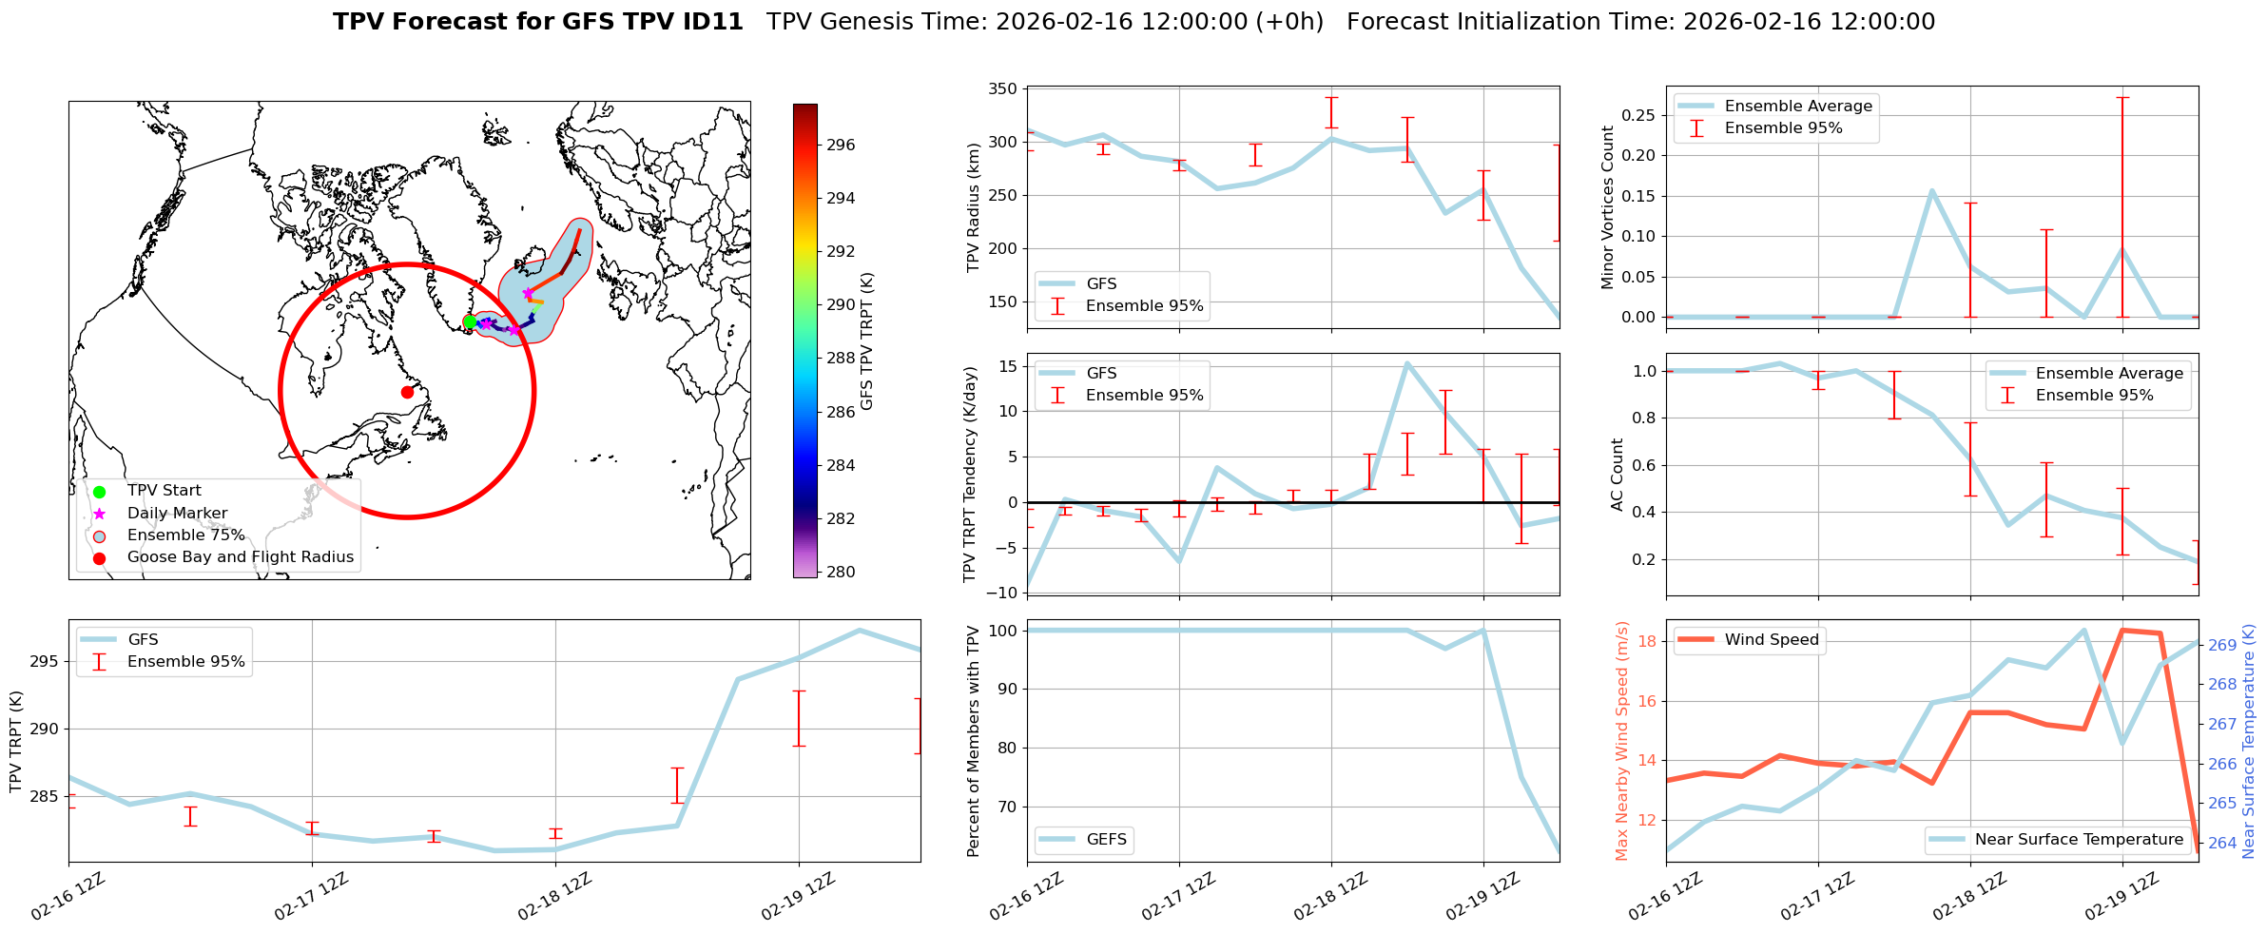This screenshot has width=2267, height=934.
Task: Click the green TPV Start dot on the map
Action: (470, 321)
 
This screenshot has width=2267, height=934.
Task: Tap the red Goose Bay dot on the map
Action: (407, 392)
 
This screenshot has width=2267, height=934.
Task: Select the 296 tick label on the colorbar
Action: (841, 146)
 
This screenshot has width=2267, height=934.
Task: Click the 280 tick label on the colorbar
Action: (841, 572)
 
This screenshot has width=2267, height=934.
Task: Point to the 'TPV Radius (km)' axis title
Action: (973, 207)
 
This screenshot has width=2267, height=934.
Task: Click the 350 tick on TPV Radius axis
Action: (1004, 89)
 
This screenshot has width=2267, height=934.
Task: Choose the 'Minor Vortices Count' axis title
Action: (1608, 207)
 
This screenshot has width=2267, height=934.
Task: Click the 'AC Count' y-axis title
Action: (1618, 475)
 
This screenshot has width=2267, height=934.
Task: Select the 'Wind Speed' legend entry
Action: (1772, 640)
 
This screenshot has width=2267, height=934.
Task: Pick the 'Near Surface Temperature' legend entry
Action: (2079, 840)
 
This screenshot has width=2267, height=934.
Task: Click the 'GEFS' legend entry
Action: (1106, 840)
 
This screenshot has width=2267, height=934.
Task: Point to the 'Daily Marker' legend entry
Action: (177, 514)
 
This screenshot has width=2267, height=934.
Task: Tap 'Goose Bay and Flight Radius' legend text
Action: (240, 557)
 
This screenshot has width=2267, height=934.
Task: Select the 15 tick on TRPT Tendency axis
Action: (1008, 366)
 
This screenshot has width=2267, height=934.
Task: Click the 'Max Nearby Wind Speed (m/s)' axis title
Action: (1622, 741)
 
